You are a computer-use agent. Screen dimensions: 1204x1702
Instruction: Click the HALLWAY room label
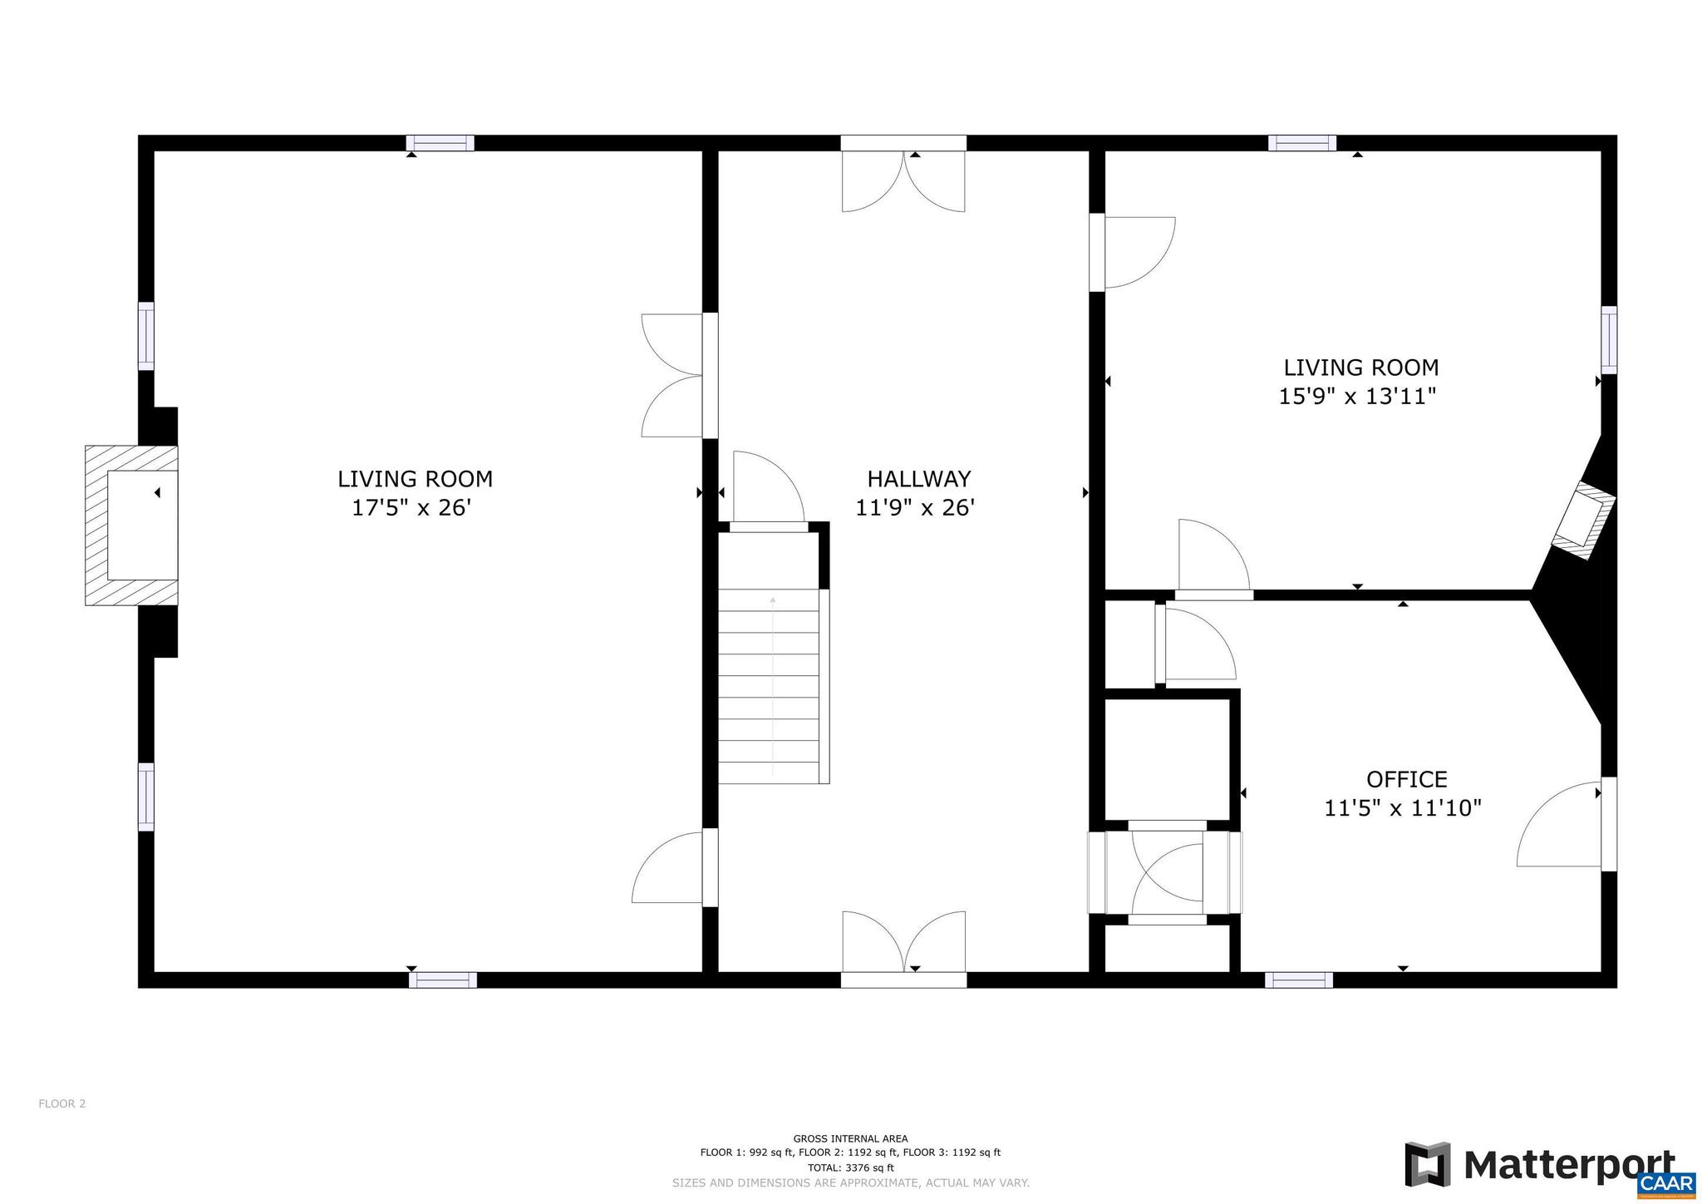[918, 479]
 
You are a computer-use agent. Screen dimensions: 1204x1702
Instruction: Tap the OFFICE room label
[1406, 779]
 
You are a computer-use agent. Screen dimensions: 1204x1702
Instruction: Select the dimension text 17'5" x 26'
[411, 507]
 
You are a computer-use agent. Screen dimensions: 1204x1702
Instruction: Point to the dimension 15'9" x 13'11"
[1357, 396]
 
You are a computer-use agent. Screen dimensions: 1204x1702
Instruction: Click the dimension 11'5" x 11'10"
[1403, 807]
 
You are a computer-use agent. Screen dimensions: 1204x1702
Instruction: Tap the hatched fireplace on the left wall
[131, 525]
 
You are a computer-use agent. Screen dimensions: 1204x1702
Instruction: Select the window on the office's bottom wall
[1298, 980]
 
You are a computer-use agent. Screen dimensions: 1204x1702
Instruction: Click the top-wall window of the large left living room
[440, 143]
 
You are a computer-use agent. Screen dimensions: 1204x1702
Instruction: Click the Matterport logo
[1538, 1164]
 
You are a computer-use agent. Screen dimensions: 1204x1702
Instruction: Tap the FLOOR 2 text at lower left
[61, 1104]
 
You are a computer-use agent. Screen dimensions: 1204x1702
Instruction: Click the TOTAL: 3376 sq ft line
[850, 1167]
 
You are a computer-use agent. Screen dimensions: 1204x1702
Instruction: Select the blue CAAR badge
[1666, 1183]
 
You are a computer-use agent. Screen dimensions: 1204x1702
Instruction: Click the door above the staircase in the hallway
[768, 491]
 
